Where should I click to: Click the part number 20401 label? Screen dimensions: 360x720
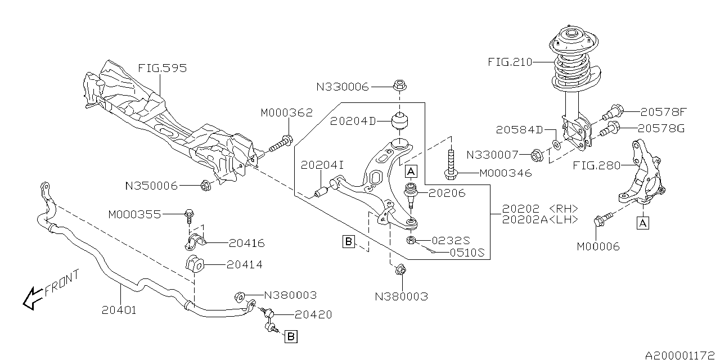click(x=120, y=309)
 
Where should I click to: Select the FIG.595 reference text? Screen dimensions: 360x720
click(x=163, y=69)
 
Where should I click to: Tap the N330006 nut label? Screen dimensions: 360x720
click(x=342, y=87)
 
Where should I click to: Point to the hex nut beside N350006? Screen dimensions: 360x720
click(x=206, y=184)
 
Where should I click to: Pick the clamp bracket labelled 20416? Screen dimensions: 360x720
click(x=195, y=242)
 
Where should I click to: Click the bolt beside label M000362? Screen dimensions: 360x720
click(x=279, y=144)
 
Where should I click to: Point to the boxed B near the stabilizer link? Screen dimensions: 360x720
click(x=291, y=337)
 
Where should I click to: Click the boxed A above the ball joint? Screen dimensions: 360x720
click(x=411, y=170)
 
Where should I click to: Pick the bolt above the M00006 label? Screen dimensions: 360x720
click(x=600, y=222)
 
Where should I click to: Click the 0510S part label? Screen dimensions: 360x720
click(x=466, y=253)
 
